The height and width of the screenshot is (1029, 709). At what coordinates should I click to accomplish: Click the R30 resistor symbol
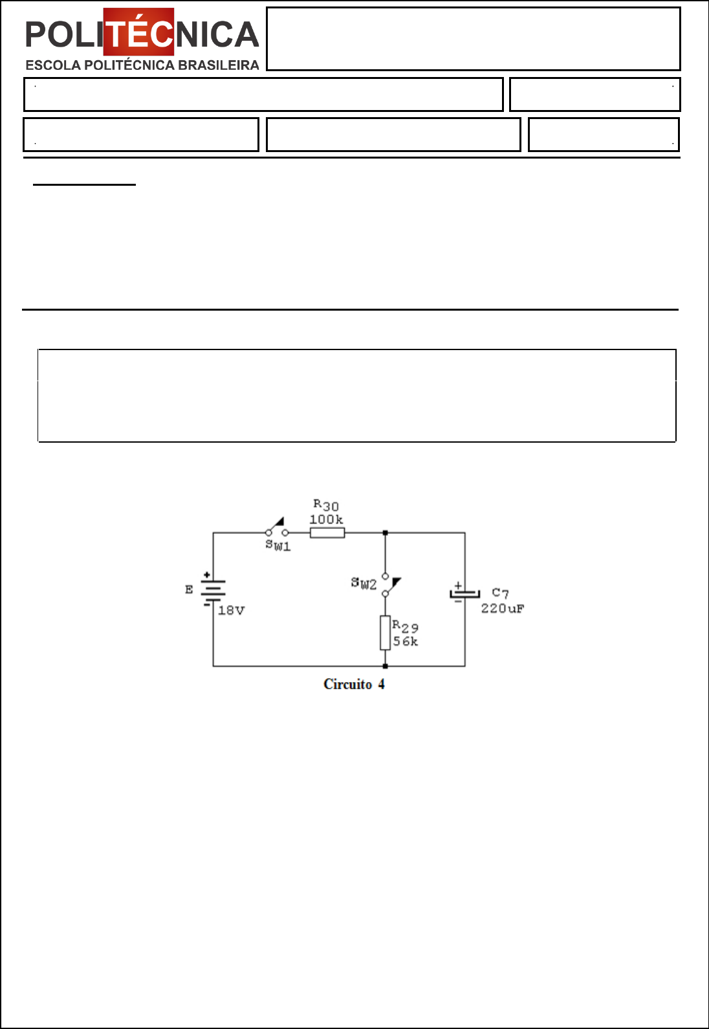pyautogui.click(x=327, y=533)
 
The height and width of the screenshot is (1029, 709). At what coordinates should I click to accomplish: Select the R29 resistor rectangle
pyautogui.click(x=386, y=632)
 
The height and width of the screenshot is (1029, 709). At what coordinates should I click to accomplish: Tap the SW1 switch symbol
pyautogui.click(x=277, y=528)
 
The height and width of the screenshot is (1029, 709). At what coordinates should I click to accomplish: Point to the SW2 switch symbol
pyautogui.click(x=389, y=586)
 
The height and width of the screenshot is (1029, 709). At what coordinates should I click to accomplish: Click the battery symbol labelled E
pyautogui.click(x=213, y=590)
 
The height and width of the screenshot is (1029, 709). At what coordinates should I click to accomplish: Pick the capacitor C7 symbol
pyautogui.click(x=464, y=593)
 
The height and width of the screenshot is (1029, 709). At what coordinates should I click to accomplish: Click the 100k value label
pyautogui.click(x=326, y=520)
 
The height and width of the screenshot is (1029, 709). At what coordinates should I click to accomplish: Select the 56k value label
pyautogui.click(x=405, y=641)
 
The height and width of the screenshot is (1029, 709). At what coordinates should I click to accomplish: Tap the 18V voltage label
pyautogui.click(x=231, y=610)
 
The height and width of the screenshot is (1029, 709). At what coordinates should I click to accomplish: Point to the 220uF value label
pyautogui.click(x=503, y=608)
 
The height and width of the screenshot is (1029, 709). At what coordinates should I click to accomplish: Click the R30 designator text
pyautogui.click(x=326, y=505)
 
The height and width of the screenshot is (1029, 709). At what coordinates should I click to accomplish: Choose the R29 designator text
pyautogui.click(x=405, y=626)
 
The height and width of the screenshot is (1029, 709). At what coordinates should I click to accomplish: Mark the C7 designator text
pyautogui.click(x=501, y=593)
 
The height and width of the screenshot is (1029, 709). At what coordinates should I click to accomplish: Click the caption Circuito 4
pyautogui.click(x=354, y=684)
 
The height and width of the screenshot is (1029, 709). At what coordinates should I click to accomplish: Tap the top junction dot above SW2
pyautogui.click(x=386, y=533)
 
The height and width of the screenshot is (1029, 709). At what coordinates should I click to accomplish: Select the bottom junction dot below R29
pyautogui.click(x=386, y=666)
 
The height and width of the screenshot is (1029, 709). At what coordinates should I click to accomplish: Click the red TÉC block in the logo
pyautogui.click(x=138, y=32)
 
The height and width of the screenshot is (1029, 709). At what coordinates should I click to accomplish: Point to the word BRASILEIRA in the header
pyautogui.click(x=219, y=65)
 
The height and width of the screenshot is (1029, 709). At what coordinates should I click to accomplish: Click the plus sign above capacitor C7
pyautogui.click(x=458, y=585)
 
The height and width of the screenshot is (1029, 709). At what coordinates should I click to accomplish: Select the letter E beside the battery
pyautogui.click(x=189, y=590)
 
